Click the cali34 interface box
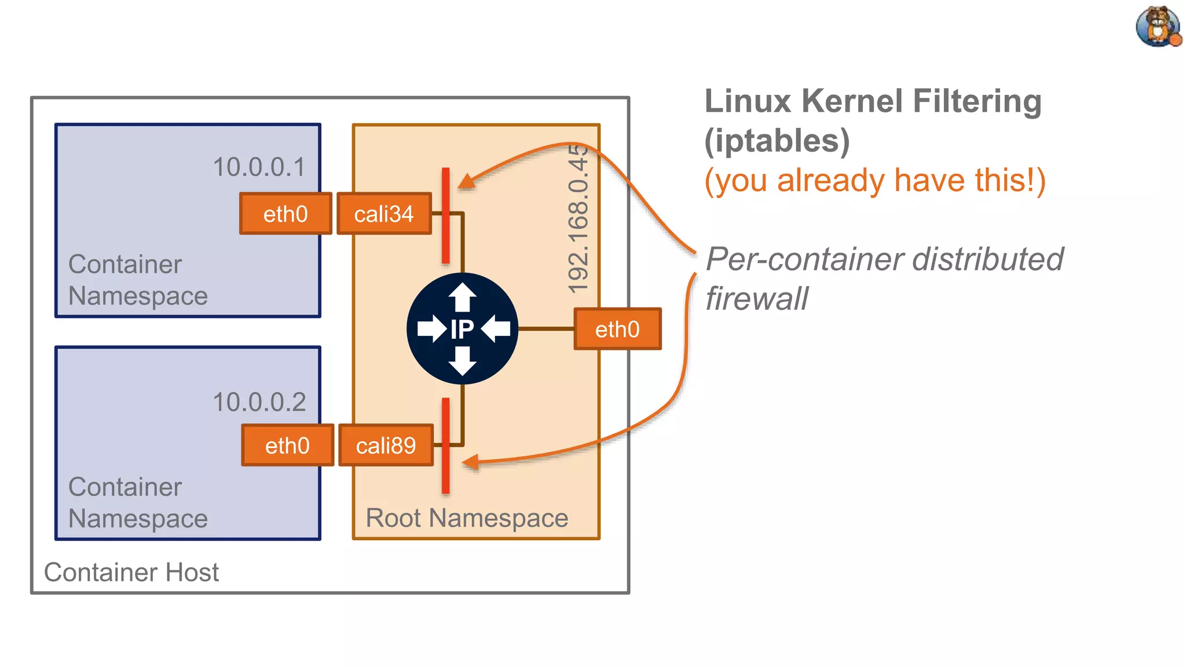click(384, 214)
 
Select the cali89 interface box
click(386, 445)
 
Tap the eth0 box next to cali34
click(285, 214)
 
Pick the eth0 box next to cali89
click(287, 445)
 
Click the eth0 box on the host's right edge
click(617, 329)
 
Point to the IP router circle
click(462, 329)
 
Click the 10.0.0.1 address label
click(259, 167)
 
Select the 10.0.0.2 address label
click(259, 402)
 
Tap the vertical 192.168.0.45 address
click(578, 219)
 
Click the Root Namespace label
click(467, 518)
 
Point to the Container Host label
click(131, 572)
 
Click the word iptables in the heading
click(777, 141)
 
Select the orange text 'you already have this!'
click(875, 180)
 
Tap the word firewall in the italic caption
click(756, 299)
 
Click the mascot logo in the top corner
click(1158, 27)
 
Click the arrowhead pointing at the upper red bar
click(467, 181)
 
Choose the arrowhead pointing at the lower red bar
click(470, 462)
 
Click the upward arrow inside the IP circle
click(462, 296)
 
